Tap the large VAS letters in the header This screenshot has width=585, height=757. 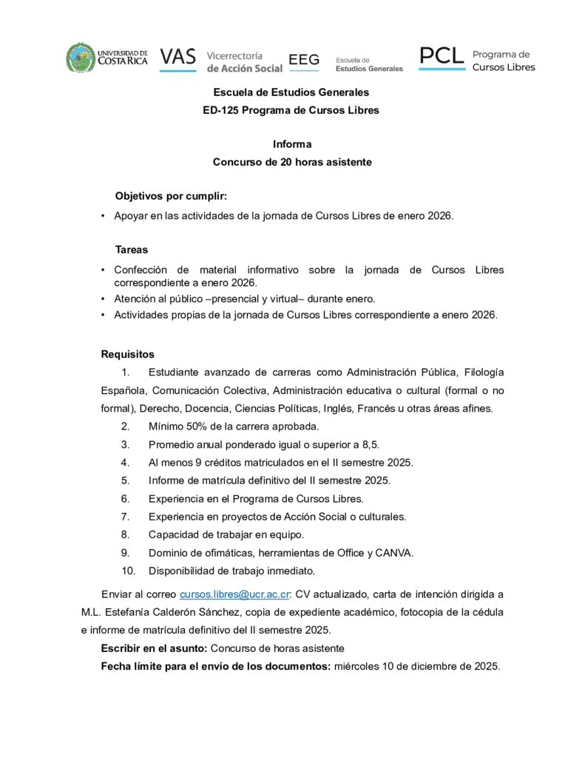pyautogui.click(x=177, y=57)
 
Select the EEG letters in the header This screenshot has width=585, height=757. pyautogui.click(x=303, y=59)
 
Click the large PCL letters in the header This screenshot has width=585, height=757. pyautogui.click(x=442, y=55)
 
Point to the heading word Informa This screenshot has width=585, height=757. pyautogui.click(x=292, y=144)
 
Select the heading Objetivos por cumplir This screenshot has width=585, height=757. pyautogui.click(x=171, y=196)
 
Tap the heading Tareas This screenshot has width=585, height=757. pyautogui.click(x=132, y=250)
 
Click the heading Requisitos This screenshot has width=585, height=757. pyautogui.click(x=128, y=354)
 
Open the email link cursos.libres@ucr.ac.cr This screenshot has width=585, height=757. pyautogui.click(x=234, y=594)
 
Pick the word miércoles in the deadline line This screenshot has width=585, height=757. pyautogui.click(x=357, y=666)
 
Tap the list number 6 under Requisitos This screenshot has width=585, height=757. pyautogui.click(x=126, y=498)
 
